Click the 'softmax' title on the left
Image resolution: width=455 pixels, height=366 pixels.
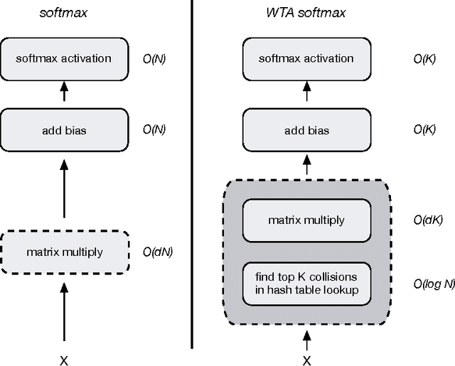[x=64, y=12]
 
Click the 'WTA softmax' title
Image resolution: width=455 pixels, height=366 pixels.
[x=306, y=12]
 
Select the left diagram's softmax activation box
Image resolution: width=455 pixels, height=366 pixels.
[x=64, y=58]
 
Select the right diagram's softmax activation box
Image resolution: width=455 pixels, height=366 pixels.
[x=306, y=58]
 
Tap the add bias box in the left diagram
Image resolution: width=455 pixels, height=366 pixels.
[x=64, y=131]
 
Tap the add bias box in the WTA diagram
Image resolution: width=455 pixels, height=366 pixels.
[x=306, y=131]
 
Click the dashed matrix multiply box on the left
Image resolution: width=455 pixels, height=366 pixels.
[x=64, y=252]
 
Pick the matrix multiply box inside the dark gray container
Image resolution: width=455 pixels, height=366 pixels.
[x=306, y=220]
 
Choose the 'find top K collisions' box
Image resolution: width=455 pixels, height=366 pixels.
[x=306, y=283]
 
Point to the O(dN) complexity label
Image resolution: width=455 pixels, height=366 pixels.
[x=158, y=252]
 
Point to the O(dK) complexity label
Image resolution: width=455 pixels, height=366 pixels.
[x=428, y=220]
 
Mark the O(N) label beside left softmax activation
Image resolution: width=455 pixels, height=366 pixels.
[x=154, y=58]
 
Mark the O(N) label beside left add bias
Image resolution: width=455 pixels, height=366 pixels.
[x=154, y=131]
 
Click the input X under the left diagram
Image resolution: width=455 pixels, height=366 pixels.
[x=64, y=360]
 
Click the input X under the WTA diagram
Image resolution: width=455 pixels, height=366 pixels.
[x=306, y=360]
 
